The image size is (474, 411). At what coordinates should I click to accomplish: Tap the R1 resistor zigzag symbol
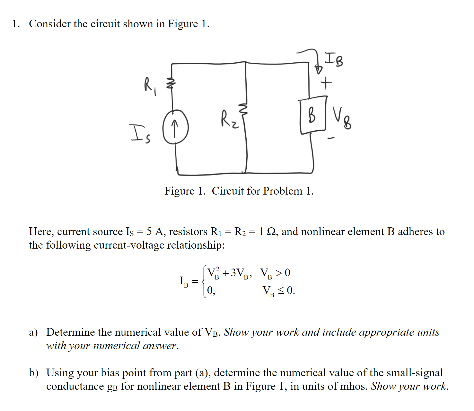pos(171,83)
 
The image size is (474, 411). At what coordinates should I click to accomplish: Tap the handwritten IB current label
pos(334,59)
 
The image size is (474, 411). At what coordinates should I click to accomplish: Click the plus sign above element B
pos(326,83)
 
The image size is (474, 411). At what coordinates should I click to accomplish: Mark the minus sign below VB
pos(331,139)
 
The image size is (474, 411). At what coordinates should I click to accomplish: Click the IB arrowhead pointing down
pos(318,69)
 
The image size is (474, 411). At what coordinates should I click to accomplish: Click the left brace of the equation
pos(204,282)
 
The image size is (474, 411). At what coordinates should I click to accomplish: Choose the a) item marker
pos(33,332)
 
